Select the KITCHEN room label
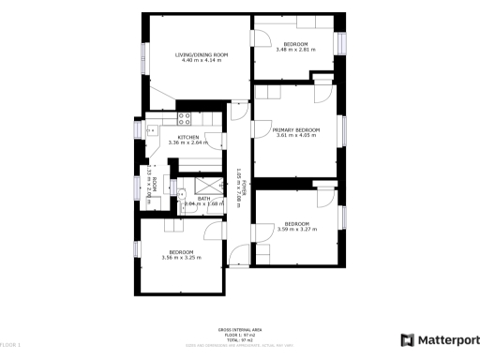(x=188, y=138)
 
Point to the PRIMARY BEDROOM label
(x=296, y=129)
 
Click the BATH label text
(x=203, y=198)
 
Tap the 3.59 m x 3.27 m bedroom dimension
(x=296, y=229)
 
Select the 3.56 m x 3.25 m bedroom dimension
(x=181, y=258)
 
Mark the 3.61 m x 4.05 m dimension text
(x=296, y=135)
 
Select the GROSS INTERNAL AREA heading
(x=239, y=330)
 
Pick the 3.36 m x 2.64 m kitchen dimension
(x=188, y=143)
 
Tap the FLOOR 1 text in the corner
(x=11, y=347)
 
